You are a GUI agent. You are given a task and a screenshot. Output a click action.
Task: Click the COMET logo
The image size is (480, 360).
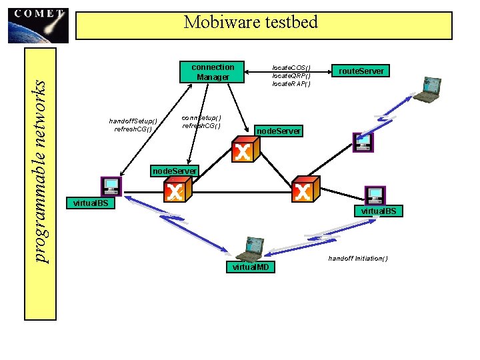click(38, 24)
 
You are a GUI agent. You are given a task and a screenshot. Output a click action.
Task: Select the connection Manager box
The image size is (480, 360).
click(213, 72)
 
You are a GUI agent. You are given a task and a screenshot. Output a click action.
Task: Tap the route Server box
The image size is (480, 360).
click(362, 71)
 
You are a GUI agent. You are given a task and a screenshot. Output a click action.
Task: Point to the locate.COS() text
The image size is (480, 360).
click(291, 67)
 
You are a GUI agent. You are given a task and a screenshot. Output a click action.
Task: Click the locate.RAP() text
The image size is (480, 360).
click(291, 83)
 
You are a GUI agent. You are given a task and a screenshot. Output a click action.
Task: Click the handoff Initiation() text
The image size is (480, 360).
click(358, 259)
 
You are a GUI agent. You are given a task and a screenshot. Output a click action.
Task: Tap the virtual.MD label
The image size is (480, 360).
click(251, 267)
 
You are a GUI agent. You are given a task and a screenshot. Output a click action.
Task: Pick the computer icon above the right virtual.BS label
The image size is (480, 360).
click(375, 195)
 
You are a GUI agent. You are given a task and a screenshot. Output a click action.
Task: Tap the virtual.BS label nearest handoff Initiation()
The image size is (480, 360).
click(378, 211)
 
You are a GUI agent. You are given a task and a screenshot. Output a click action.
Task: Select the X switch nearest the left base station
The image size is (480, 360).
click(175, 191)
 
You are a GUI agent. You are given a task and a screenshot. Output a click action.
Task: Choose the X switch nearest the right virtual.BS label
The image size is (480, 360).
click(304, 191)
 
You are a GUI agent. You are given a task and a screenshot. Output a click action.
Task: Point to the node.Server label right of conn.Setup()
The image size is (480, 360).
click(279, 131)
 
